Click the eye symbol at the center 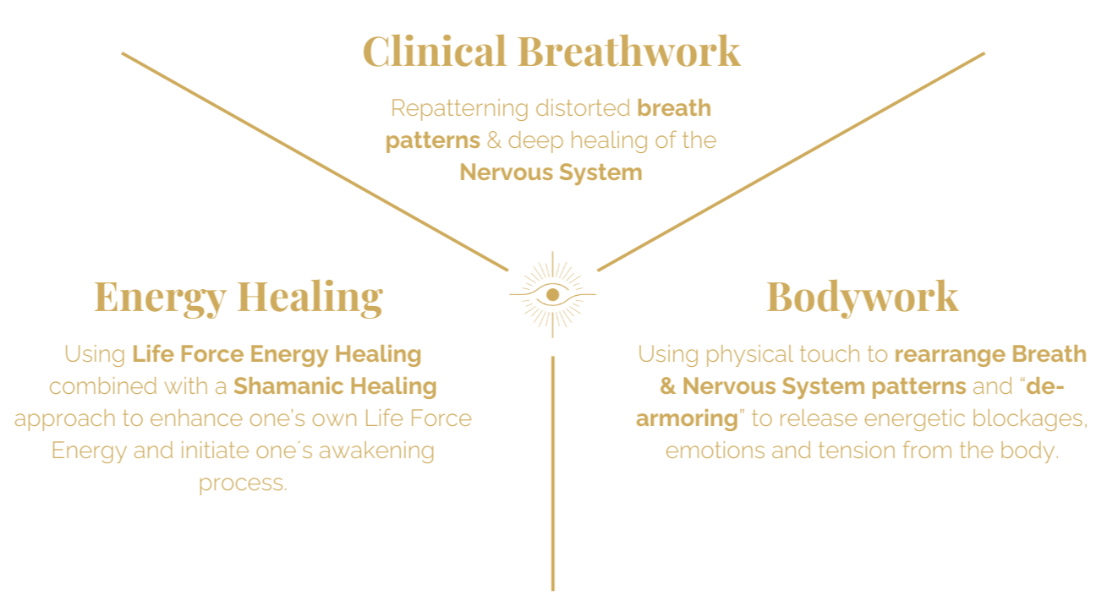pyautogui.click(x=552, y=294)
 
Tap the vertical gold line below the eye pyautogui.click(x=552, y=473)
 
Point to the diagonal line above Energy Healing pyautogui.click(x=315, y=161)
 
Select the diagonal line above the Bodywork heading pyautogui.click(x=791, y=161)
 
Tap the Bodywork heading pyautogui.click(x=862, y=297)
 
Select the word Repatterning pyautogui.click(x=459, y=108)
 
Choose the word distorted pyautogui.click(x=584, y=108)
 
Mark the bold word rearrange pyautogui.click(x=948, y=354)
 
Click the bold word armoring pyautogui.click(x=687, y=418)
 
